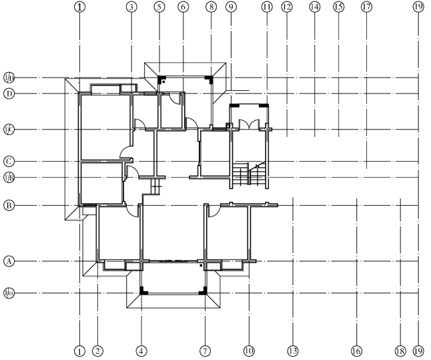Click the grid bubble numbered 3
point(131,7)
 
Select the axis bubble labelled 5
point(159,7)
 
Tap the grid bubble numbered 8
point(211,7)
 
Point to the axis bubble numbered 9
point(231,7)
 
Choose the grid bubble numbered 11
point(267,7)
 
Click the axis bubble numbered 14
point(314,7)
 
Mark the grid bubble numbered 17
point(366,7)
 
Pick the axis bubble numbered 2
point(97,350)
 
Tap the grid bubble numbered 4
point(141,350)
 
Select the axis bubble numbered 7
point(205,350)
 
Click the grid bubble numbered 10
point(249,350)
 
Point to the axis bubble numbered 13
point(292,350)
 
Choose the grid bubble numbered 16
point(356,350)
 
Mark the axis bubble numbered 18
point(400,350)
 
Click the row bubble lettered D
point(9,94)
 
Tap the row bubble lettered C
point(9,161)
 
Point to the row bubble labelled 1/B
point(9,177)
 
